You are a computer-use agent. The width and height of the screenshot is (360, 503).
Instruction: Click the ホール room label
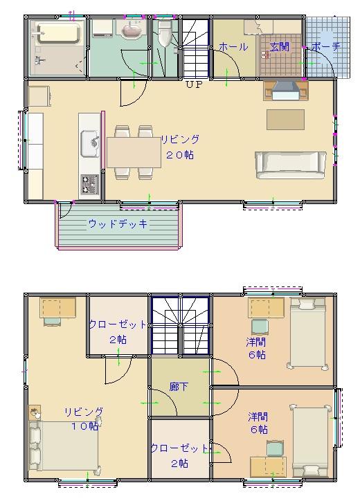point(233,47)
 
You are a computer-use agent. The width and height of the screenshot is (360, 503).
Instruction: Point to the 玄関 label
point(279,47)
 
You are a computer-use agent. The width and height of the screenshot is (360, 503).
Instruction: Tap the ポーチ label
point(325,47)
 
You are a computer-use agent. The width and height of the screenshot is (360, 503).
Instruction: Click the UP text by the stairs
point(193,84)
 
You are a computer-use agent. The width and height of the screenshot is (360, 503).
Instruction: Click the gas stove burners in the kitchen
point(90,183)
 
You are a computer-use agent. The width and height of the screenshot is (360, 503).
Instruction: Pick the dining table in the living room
point(134,152)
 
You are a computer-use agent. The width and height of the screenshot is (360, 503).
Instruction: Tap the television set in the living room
point(285,90)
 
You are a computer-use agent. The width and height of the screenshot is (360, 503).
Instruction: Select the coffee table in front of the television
point(285,119)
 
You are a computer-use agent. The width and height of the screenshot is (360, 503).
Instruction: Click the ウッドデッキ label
point(118,224)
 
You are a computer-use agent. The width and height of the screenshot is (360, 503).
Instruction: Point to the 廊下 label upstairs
point(179,387)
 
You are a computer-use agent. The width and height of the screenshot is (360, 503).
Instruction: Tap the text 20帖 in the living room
point(179,156)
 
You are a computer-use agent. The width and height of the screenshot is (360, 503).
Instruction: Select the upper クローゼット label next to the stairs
point(118,324)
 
